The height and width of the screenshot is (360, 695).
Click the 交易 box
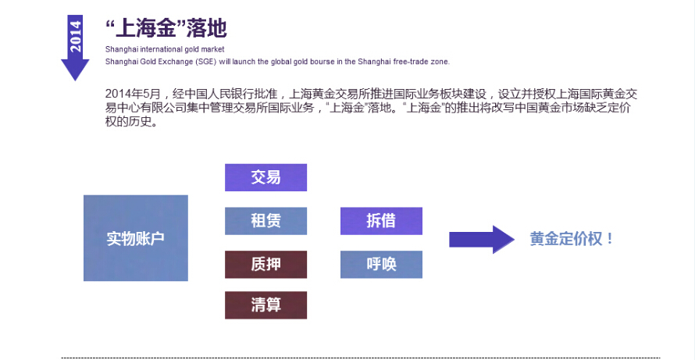tap(266, 177)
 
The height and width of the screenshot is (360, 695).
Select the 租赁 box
tap(266, 221)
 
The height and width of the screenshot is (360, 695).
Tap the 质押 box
tap(266, 264)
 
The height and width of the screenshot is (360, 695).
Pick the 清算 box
tap(266, 305)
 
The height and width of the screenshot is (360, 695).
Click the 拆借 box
tap(381, 221)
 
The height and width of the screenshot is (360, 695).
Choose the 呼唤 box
tap(381, 264)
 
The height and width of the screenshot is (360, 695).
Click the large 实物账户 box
tap(136, 238)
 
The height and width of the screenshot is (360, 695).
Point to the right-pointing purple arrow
tap(482, 240)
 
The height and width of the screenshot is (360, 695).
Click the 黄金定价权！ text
tap(572, 240)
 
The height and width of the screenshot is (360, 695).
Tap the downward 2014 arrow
tap(75, 48)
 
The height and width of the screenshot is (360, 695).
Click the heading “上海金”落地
tap(166, 28)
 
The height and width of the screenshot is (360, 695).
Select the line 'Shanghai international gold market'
tap(165, 49)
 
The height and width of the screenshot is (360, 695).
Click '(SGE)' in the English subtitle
tap(205, 62)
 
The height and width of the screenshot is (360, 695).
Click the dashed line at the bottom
tap(360, 358)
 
